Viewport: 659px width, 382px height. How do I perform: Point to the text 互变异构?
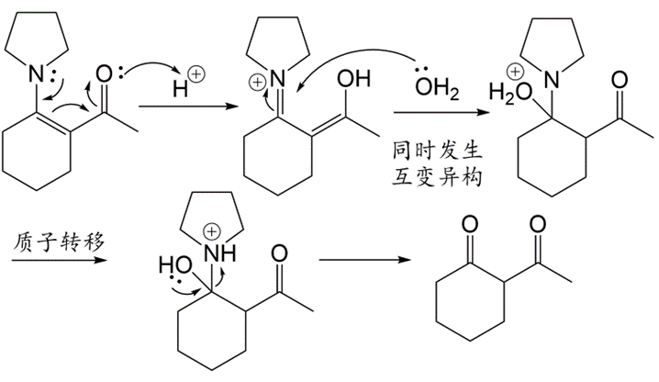click(x=438, y=174)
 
